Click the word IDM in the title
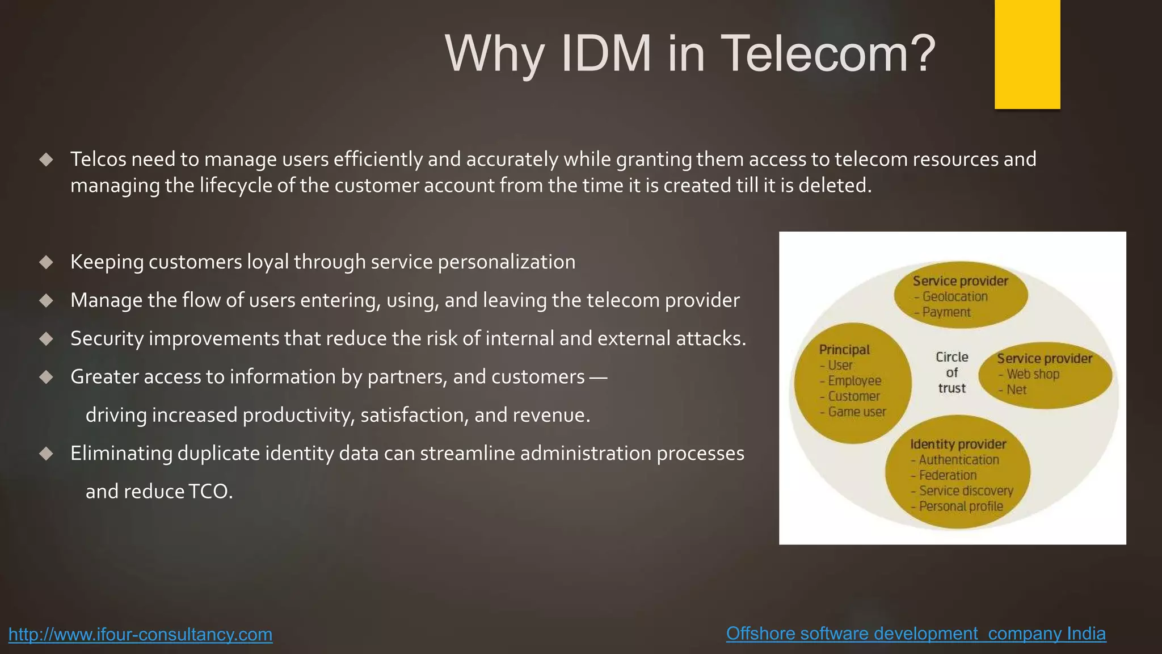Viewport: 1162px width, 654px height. [x=606, y=54]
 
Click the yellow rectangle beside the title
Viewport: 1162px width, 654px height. [x=1027, y=54]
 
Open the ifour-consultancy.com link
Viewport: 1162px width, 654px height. [x=140, y=634]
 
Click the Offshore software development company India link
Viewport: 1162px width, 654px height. [x=916, y=634]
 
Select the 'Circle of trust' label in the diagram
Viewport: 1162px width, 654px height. [x=952, y=372]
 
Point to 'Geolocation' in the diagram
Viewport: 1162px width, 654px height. [x=955, y=296]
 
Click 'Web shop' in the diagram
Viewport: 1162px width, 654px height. [x=1033, y=374]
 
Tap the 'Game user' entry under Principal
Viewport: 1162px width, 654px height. [x=857, y=412]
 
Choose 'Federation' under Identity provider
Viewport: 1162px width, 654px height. [x=948, y=475]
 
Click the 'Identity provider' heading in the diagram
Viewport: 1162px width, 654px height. [x=958, y=444]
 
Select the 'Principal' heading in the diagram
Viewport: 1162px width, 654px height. [x=844, y=350]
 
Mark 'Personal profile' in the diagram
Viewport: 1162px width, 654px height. [x=961, y=506]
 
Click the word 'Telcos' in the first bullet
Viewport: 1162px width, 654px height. [x=98, y=160]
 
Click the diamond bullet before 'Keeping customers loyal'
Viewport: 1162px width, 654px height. [x=47, y=262]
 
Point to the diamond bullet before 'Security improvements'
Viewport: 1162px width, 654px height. [x=47, y=339]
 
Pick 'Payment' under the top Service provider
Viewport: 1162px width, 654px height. [x=946, y=312]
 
